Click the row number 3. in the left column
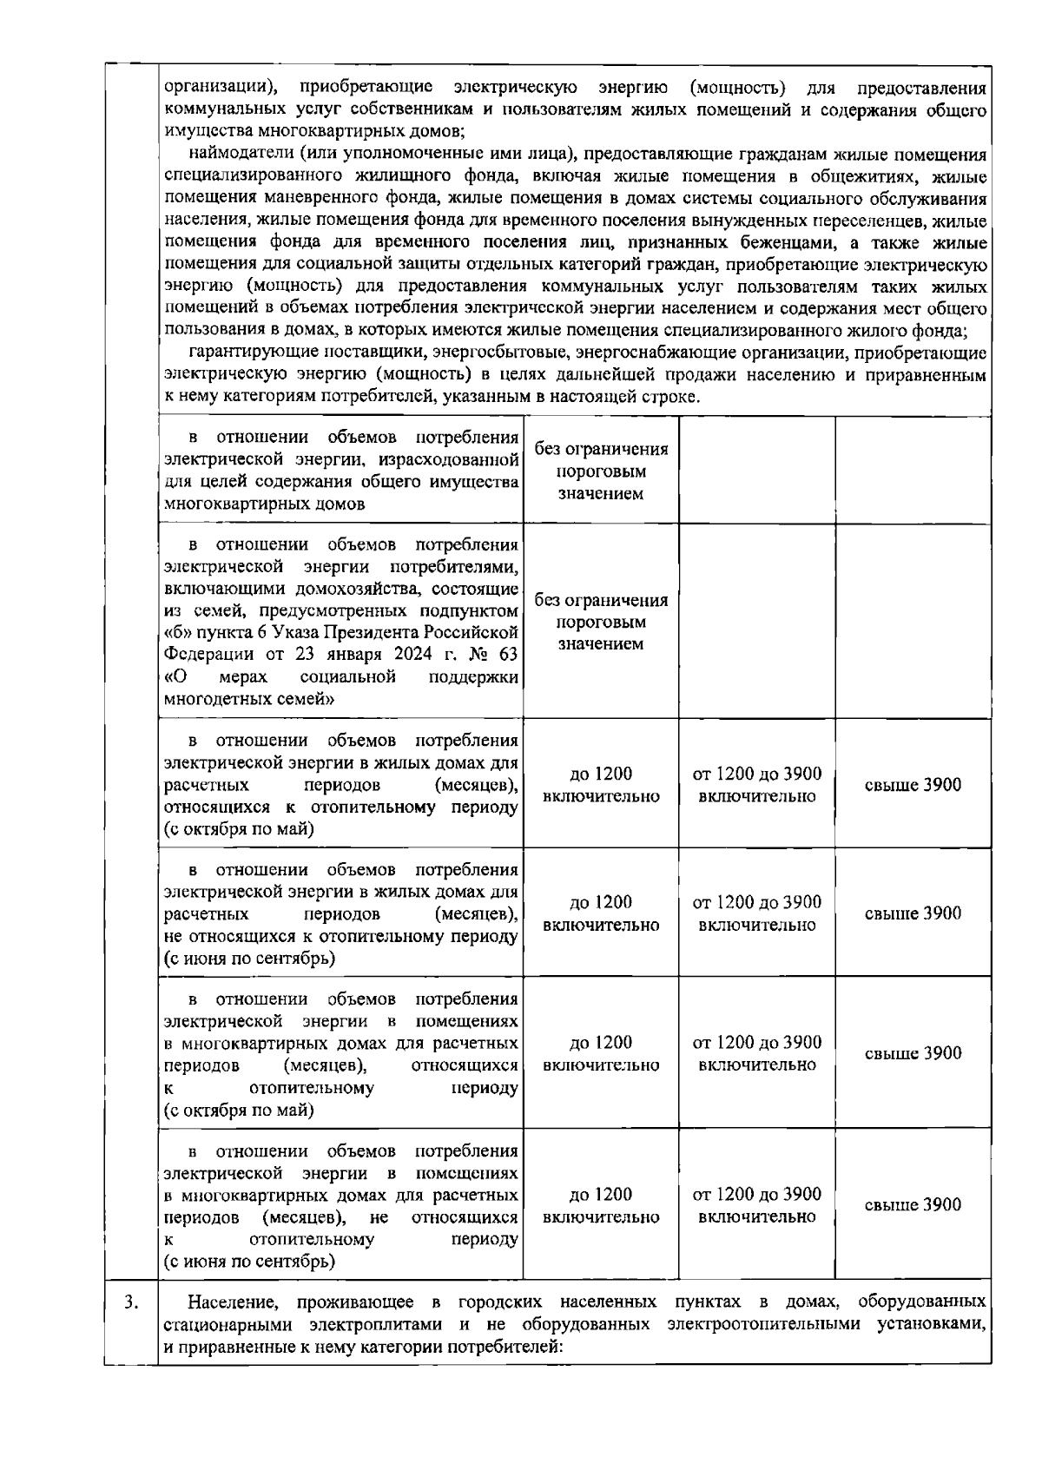click(129, 1302)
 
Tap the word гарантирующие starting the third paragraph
click(244, 353)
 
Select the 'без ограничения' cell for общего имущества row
click(601, 471)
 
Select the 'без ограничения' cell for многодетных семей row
click(601, 623)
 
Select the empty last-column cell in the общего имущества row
click(913, 470)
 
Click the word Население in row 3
click(233, 1302)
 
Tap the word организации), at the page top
click(221, 88)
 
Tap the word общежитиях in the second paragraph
click(885, 176)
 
